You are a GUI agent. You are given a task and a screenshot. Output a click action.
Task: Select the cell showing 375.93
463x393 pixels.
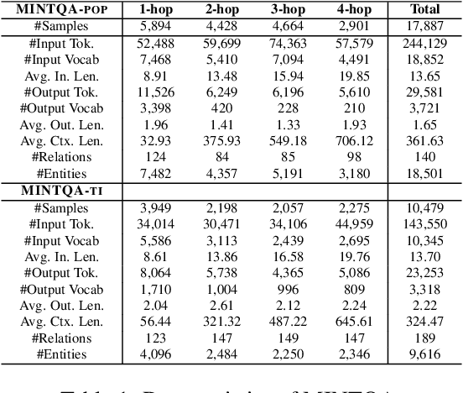(x=222, y=140)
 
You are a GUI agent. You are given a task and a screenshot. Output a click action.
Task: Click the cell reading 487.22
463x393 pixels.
(x=289, y=321)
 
